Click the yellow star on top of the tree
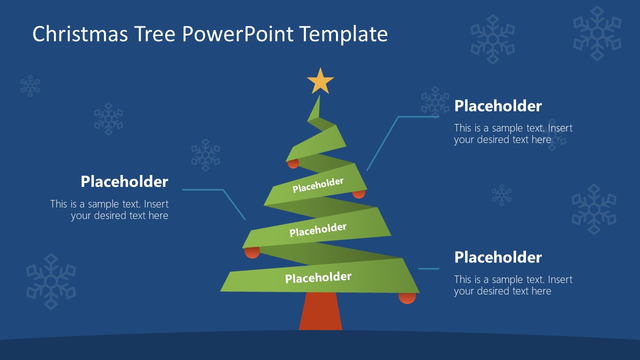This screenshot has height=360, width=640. (320, 81)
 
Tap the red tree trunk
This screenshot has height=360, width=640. (320, 312)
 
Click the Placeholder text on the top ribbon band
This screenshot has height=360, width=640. (318, 185)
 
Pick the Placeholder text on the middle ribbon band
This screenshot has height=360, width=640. (318, 230)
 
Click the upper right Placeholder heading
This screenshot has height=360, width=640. (497, 106)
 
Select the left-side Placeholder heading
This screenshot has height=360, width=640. (124, 181)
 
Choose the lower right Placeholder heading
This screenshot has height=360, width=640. (497, 257)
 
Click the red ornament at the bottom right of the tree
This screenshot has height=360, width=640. (407, 298)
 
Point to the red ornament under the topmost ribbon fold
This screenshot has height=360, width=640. (293, 163)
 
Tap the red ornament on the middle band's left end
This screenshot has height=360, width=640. (252, 252)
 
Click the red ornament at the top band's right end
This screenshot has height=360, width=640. (359, 193)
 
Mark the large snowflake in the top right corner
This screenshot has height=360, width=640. (596, 33)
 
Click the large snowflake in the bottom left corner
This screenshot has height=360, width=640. (51, 281)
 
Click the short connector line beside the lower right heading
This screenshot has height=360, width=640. (428, 269)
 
